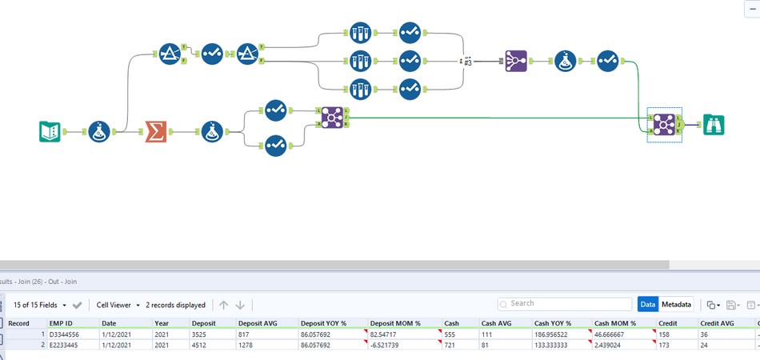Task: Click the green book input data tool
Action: coord(50,131)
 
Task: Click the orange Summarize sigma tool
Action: coord(154,131)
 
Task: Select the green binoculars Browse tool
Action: coord(714,125)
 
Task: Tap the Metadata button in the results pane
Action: coord(676,305)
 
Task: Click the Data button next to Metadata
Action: coord(647,305)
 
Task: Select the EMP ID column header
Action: coord(62,323)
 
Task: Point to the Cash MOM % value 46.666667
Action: coord(612,334)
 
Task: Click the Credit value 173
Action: coord(663,344)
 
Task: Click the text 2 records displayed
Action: coord(175,305)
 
